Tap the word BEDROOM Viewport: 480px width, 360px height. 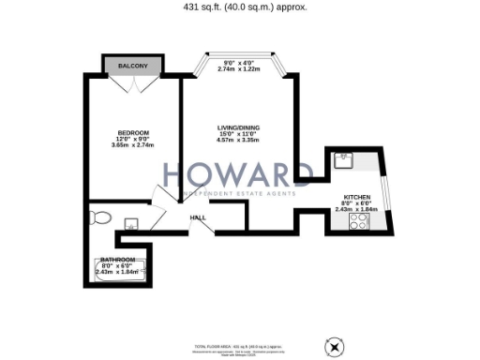(x=133, y=132)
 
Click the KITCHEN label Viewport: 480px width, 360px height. (x=357, y=197)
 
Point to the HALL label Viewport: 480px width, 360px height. (x=198, y=218)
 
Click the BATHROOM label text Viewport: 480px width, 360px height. (x=118, y=259)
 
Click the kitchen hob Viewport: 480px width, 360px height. (x=358, y=222)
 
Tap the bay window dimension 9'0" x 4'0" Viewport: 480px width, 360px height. (x=237, y=64)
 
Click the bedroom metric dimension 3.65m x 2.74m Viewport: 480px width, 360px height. (x=132, y=145)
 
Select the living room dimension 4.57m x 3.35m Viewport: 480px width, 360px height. (x=237, y=141)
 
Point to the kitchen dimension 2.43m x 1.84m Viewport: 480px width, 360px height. (x=357, y=209)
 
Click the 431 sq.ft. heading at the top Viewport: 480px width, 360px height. (x=239, y=7)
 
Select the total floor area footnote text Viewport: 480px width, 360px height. (x=239, y=348)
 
